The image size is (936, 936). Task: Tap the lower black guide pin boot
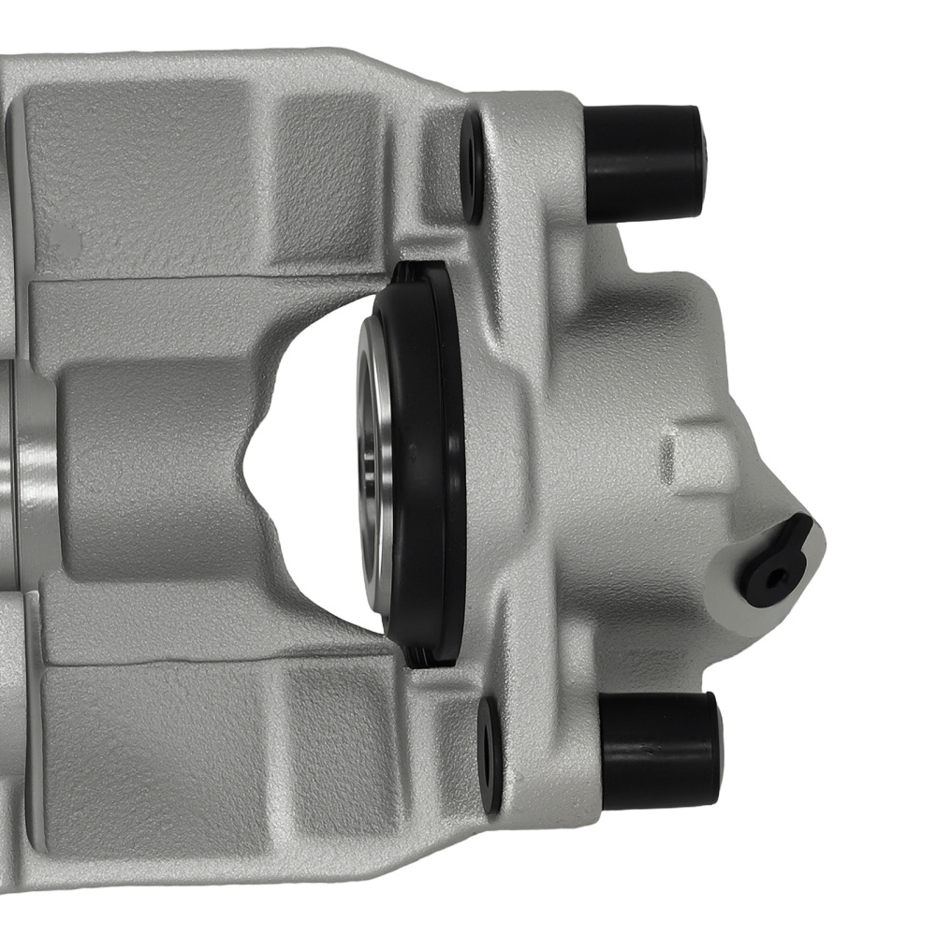coord(660,749)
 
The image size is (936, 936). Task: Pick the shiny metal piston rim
coord(371,449)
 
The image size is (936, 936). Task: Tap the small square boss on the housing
coord(697,459)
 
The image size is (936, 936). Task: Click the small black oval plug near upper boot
coord(472,168)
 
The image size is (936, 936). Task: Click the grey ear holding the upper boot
coord(534,159)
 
